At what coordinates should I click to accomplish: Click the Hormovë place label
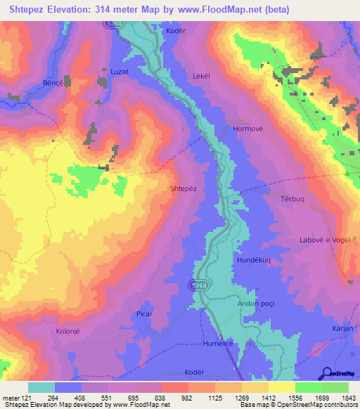(238, 129)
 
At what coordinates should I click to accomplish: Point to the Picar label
(145, 314)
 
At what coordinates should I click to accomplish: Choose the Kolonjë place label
(70, 329)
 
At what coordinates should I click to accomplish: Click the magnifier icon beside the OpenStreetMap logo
(327, 372)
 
